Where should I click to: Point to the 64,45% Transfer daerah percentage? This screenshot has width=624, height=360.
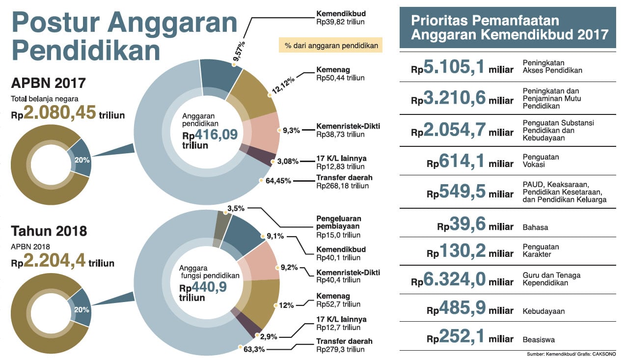coord(278,181)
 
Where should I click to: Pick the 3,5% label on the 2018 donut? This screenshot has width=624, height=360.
coord(236,209)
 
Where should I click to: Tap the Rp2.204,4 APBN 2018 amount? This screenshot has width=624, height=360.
coord(62,263)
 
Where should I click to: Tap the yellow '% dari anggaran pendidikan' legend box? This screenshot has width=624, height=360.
coord(331,46)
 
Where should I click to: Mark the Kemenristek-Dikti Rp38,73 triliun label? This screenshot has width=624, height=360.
coord(348,130)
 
